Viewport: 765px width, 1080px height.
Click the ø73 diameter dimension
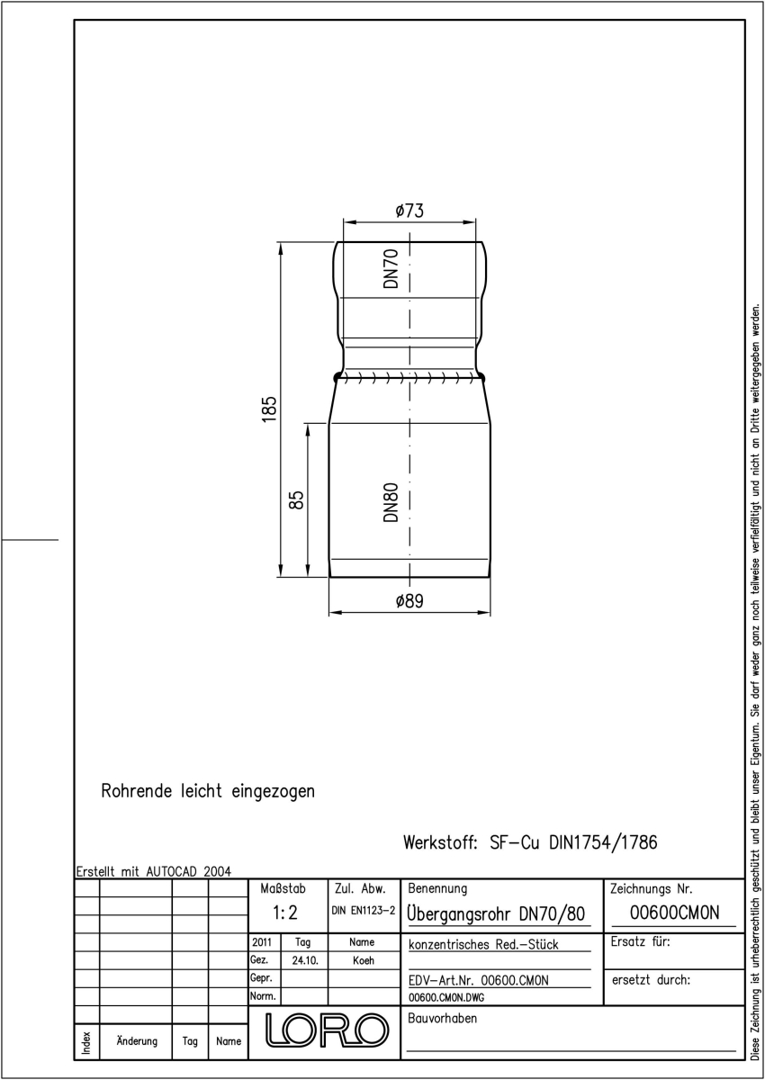pyautogui.click(x=409, y=211)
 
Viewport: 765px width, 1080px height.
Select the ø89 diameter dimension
pyautogui.click(x=409, y=601)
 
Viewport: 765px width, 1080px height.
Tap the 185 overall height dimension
pyautogui.click(x=269, y=409)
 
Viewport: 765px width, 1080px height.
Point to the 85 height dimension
pyautogui.click(x=298, y=500)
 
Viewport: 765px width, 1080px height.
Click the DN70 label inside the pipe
pyautogui.click(x=391, y=268)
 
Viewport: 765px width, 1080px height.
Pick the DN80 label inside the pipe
pyautogui.click(x=391, y=502)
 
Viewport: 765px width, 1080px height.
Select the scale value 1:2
pyautogui.click(x=285, y=913)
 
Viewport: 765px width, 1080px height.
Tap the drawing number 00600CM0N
pyautogui.click(x=674, y=913)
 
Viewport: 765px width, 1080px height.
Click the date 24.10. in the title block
pyautogui.click(x=305, y=960)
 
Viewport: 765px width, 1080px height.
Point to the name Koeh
pyautogui.click(x=363, y=960)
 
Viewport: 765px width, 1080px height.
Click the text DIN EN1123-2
pyautogui.click(x=364, y=910)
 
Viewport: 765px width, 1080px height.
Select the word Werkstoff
pyautogui.click(x=440, y=842)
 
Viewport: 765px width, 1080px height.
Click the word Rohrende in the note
pyautogui.click(x=137, y=791)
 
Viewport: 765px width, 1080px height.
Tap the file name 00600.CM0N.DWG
pyautogui.click(x=446, y=997)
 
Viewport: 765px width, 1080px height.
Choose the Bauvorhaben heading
pyautogui.click(x=442, y=1018)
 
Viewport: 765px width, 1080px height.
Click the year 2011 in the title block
pyautogui.click(x=262, y=942)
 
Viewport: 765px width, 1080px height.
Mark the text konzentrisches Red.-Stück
pyautogui.click(x=483, y=944)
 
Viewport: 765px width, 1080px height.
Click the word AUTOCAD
pyautogui.click(x=172, y=871)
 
